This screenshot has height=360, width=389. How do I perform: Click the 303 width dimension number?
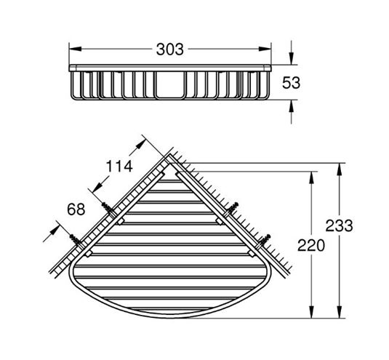pyautogui.click(x=170, y=49)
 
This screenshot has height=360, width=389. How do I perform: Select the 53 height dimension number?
pyautogui.click(x=292, y=83)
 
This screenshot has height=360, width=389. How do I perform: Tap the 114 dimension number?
pyautogui.click(x=119, y=167)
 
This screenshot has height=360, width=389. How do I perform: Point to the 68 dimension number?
pyautogui.click(x=76, y=209)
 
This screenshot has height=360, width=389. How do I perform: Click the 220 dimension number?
pyautogui.click(x=311, y=245)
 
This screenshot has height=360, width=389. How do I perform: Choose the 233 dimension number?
pyautogui.click(x=339, y=225)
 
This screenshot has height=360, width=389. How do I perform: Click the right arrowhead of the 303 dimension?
pyautogui.click(x=265, y=49)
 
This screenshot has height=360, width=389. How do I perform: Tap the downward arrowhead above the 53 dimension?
pyautogui.click(x=292, y=59)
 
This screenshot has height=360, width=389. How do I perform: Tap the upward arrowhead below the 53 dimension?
pyautogui.click(x=292, y=106)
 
